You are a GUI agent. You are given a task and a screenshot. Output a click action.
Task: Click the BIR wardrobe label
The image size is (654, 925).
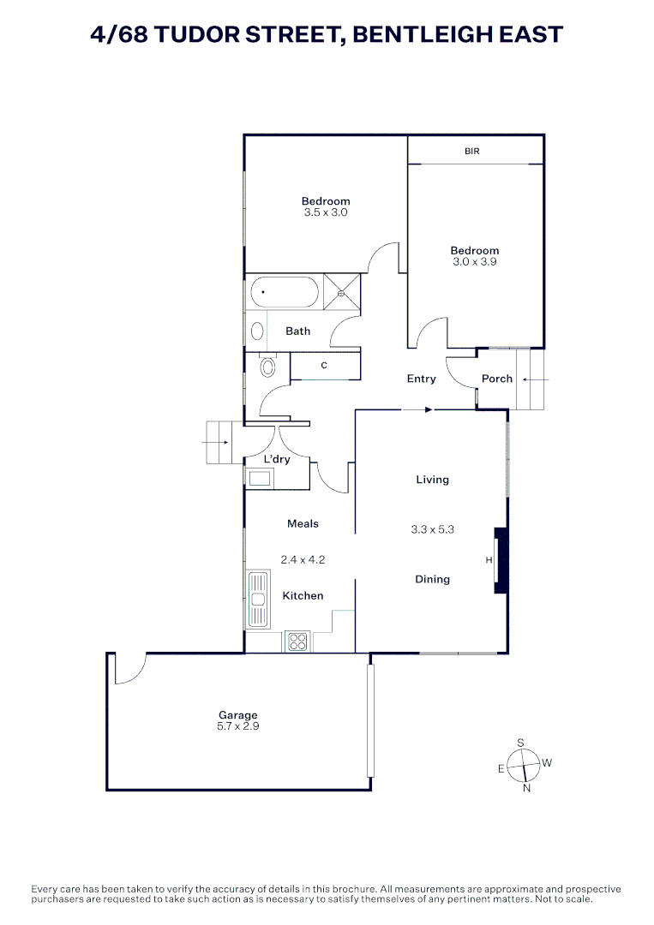click(472, 151)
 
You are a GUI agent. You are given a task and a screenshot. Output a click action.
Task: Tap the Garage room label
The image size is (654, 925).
click(237, 715)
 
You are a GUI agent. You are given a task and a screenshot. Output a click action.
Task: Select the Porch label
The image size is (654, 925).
click(497, 379)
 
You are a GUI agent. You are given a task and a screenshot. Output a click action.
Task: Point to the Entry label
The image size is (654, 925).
click(422, 379)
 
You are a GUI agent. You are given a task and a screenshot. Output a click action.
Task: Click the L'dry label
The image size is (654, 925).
click(276, 459)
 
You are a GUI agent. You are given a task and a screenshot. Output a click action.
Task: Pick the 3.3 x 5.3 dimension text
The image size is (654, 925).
click(433, 529)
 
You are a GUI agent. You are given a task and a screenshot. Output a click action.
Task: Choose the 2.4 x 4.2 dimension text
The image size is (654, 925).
click(303, 560)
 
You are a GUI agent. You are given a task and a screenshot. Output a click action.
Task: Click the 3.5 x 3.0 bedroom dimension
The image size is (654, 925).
click(326, 212)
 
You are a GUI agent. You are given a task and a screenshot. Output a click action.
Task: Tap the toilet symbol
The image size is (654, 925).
click(267, 367)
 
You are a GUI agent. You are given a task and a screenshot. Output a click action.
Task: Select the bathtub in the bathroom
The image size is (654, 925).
click(285, 293)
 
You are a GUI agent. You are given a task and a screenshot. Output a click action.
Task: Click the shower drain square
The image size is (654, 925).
click(342, 293)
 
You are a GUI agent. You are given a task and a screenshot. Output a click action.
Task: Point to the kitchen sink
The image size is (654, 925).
click(258, 599)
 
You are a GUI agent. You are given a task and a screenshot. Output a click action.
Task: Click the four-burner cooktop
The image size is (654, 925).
click(297, 642)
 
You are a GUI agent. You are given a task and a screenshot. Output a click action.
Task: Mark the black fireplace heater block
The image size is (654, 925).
click(501, 561)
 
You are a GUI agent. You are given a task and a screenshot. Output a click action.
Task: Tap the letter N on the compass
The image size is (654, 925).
click(526, 788)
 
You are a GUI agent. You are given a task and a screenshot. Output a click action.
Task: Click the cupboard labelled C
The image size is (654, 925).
click(324, 366)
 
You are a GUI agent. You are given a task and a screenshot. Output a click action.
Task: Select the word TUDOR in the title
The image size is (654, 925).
click(203, 35)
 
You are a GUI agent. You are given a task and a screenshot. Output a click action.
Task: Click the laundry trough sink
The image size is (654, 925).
click(260, 478)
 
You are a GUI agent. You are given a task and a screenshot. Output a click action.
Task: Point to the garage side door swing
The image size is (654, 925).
click(129, 669)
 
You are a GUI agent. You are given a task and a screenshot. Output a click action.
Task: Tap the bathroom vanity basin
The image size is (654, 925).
click(257, 331)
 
